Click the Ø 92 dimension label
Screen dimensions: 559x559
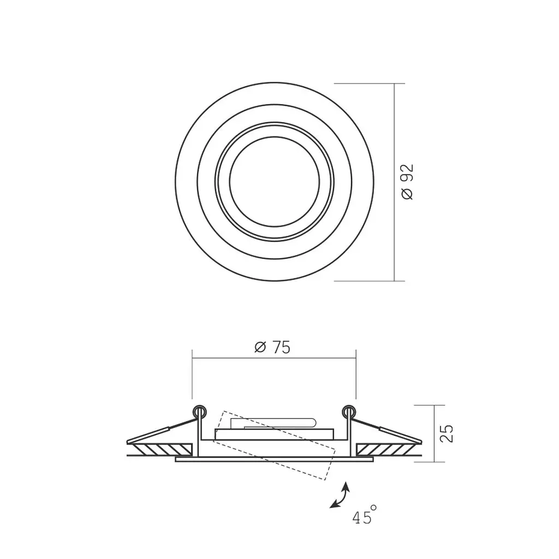pos(407,182)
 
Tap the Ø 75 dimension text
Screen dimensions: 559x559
pos(273,347)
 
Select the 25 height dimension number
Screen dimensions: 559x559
pos(447,433)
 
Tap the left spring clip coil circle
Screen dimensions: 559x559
pos(199,412)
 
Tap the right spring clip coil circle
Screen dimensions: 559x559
pos(349,412)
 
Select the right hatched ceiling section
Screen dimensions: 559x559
pos(389,450)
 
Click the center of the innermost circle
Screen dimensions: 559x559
pos(274,182)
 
